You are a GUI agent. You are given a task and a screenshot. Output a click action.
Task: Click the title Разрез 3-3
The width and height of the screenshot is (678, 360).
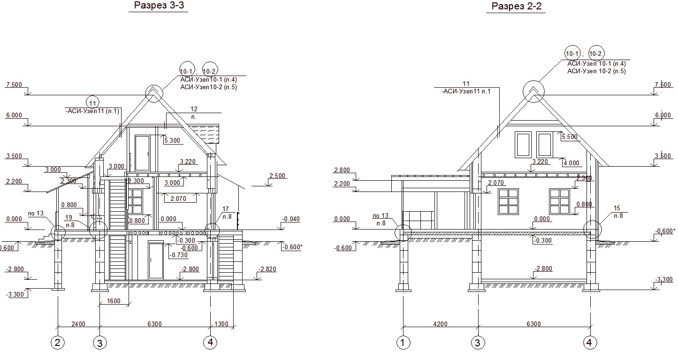(159, 6)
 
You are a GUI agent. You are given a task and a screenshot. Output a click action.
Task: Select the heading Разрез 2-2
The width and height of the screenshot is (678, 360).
(517, 6)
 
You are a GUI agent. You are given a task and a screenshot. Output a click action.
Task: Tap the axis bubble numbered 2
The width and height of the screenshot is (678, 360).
(58, 343)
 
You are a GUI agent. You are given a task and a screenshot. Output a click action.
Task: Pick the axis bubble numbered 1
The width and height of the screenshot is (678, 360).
(403, 343)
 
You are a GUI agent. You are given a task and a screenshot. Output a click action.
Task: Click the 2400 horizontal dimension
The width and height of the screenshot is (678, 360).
(78, 324)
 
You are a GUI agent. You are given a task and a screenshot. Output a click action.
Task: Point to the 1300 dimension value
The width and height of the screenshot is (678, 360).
(221, 324)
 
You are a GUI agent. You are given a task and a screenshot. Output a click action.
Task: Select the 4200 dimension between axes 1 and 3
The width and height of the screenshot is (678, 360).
(440, 324)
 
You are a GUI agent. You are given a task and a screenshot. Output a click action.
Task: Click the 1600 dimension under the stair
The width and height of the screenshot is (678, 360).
(114, 301)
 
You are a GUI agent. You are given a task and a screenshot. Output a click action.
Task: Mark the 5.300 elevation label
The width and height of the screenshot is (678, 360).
(172, 140)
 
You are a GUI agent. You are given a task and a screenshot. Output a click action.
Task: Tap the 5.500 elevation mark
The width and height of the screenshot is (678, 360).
(570, 137)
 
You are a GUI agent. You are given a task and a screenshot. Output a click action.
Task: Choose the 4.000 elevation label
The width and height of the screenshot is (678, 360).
(571, 163)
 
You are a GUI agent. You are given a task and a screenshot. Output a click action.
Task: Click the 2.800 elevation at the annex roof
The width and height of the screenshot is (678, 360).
(342, 170)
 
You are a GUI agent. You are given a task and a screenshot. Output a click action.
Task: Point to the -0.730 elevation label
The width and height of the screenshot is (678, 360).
(179, 255)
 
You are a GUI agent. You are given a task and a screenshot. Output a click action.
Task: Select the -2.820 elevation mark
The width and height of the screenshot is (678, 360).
(267, 269)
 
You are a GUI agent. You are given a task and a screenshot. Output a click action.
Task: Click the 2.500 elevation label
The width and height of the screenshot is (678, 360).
(277, 176)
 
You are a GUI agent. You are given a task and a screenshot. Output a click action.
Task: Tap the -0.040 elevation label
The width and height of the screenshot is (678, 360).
(291, 219)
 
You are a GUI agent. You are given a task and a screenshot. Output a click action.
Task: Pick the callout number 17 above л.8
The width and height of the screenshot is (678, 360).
(226, 209)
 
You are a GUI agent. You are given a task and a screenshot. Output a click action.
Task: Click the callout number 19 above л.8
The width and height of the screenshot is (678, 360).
(69, 217)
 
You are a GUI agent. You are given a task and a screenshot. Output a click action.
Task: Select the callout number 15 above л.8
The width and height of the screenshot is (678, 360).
(617, 208)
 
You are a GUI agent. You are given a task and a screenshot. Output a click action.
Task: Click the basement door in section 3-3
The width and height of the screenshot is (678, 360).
(156, 261)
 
